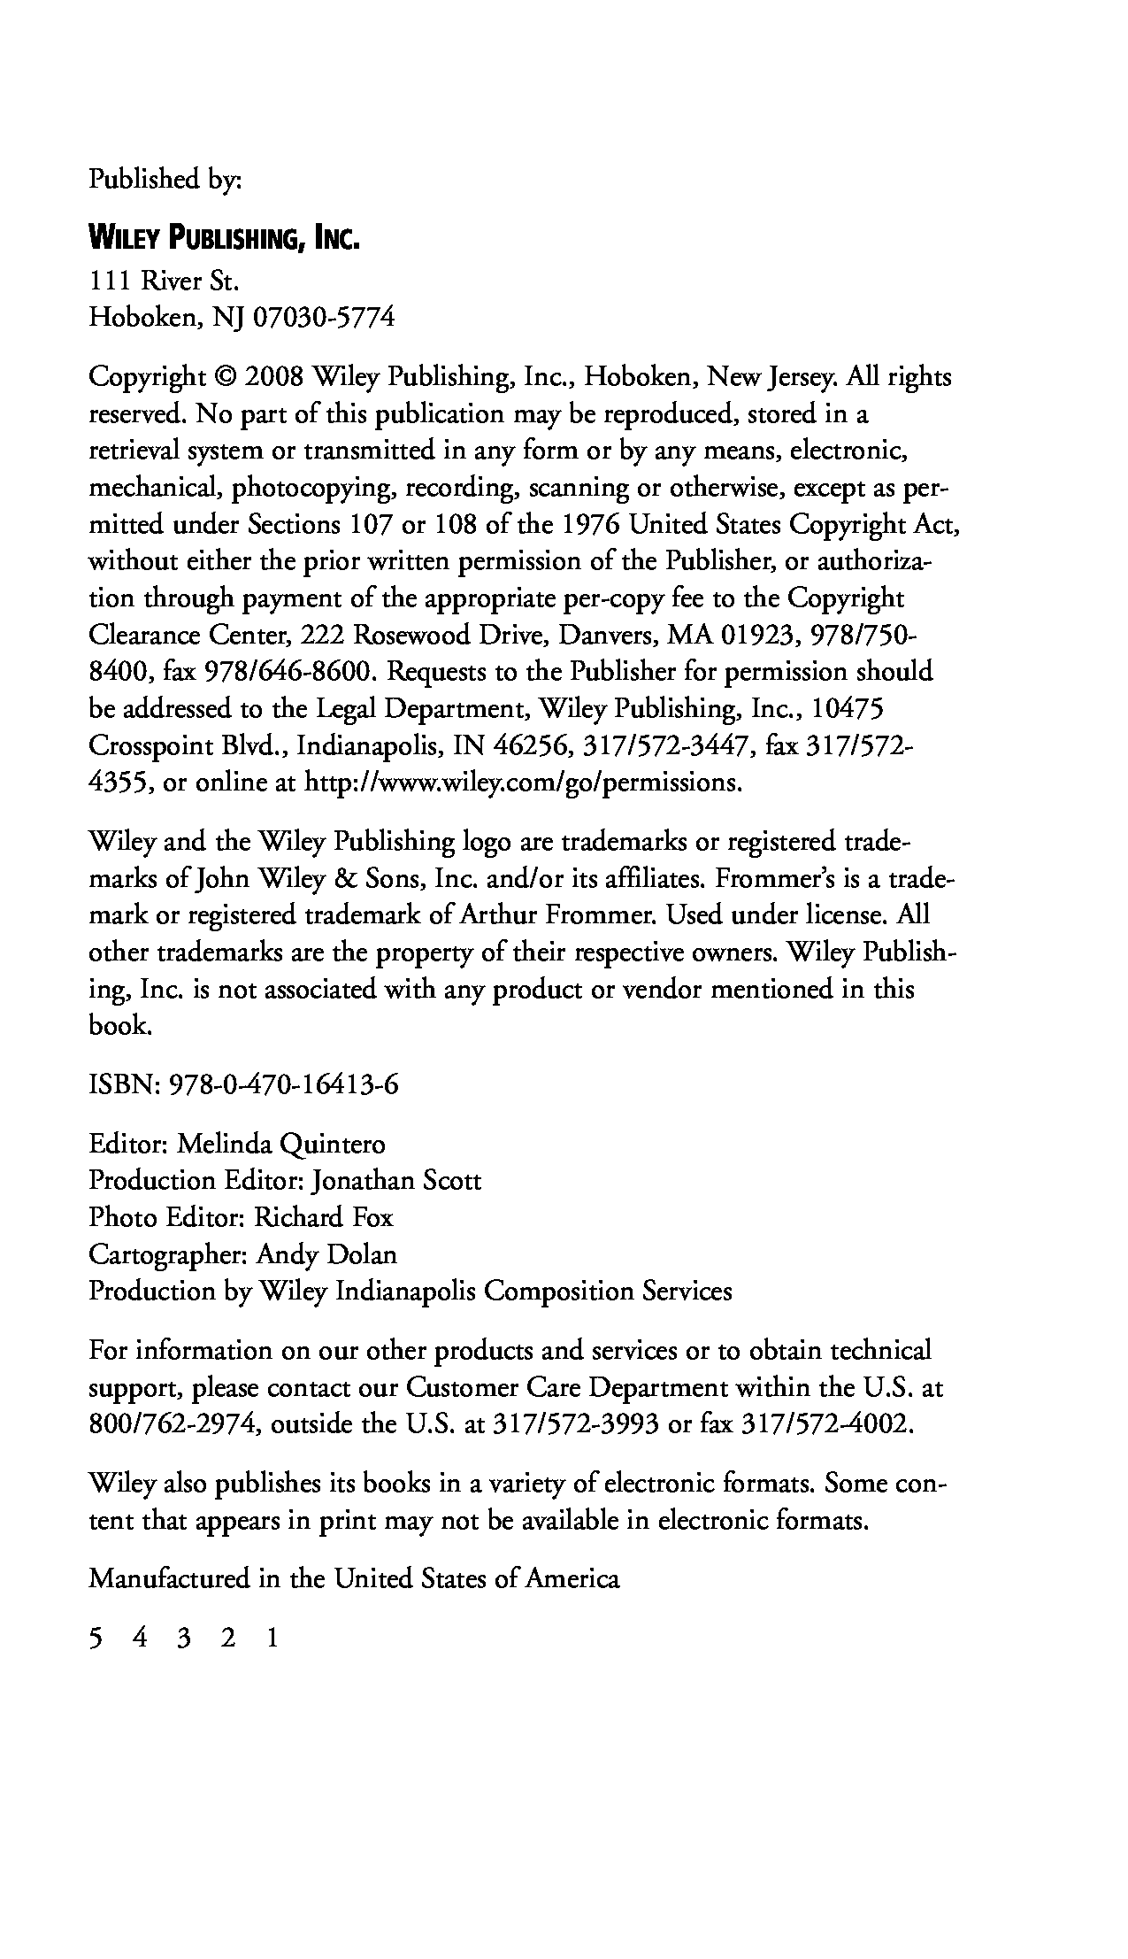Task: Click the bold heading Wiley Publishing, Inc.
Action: click(x=224, y=239)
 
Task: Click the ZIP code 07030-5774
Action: click(x=324, y=317)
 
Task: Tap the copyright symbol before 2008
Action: click(x=225, y=378)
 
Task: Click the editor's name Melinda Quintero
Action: click(x=281, y=1145)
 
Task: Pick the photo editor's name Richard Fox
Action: click(x=324, y=1218)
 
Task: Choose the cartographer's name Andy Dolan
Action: click(x=326, y=1254)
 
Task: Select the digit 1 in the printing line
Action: click(x=272, y=1639)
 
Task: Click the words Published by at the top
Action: click(x=165, y=180)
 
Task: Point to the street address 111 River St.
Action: click(x=165, y=282)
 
